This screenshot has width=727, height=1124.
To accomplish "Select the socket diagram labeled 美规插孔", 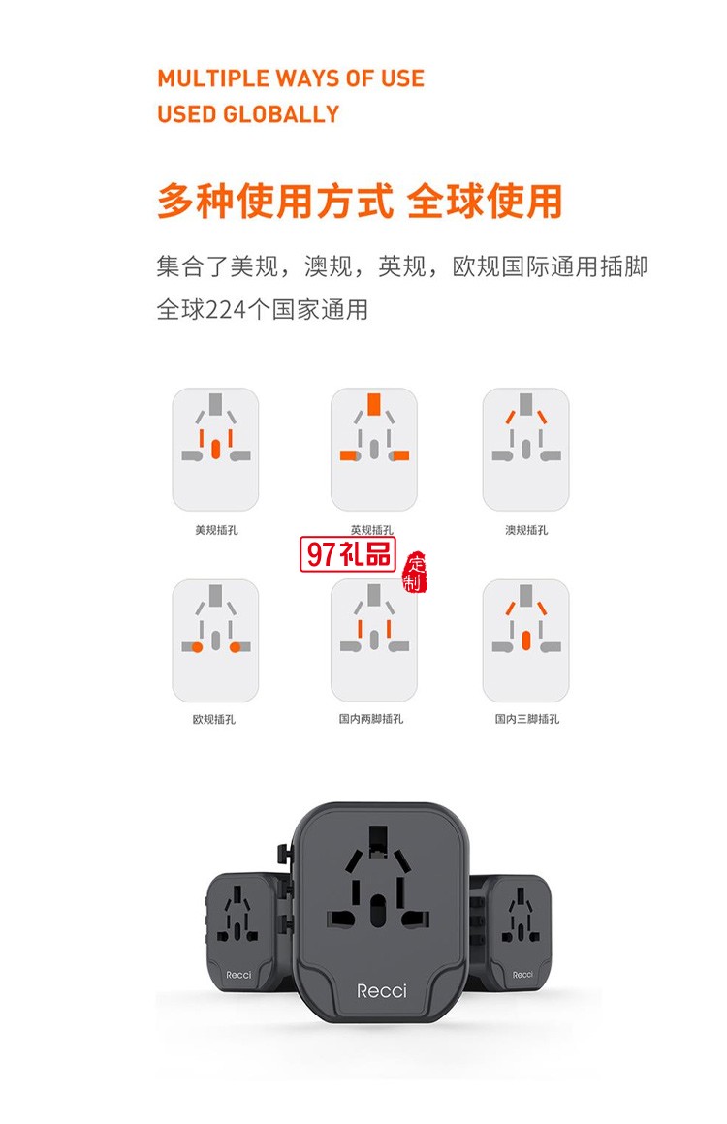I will (x=215, y=450).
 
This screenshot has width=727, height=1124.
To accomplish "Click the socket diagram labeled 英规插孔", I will (x=373, y=450).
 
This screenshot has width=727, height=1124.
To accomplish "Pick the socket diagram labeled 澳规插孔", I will (x=525, y=450).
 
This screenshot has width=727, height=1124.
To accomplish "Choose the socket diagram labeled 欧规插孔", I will (x=215, y=640).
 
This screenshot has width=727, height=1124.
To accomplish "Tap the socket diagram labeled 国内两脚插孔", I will (x=373, y=640).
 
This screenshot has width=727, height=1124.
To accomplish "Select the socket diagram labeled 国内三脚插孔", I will (x=525, y=640).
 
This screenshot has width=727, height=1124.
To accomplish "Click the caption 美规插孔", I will (x=215, y=530).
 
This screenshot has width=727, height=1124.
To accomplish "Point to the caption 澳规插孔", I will (x=525, y=530).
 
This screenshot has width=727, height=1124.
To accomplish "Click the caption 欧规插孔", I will (x=214, y=719).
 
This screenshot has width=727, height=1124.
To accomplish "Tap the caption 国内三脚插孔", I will (x=525, y=719).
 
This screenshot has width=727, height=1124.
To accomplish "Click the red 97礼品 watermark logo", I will (x=349, y=555).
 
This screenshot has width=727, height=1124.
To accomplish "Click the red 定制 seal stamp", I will (x=415, y=572).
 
